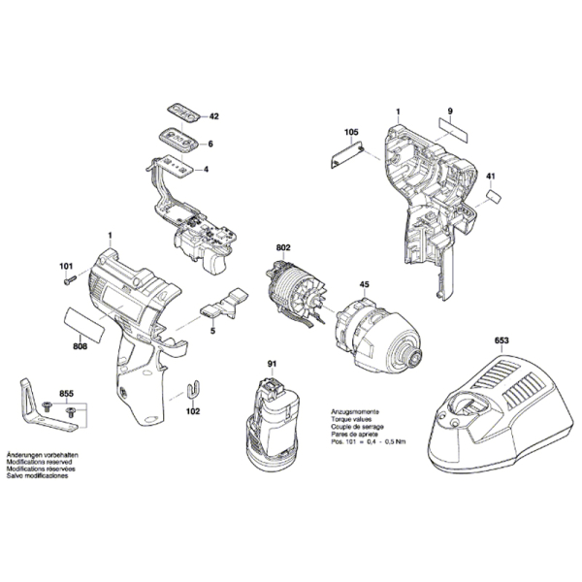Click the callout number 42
click(213, 116)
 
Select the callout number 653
click(501, 340)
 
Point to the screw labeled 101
click(71, 281)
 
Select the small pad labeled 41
click(493, 196)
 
